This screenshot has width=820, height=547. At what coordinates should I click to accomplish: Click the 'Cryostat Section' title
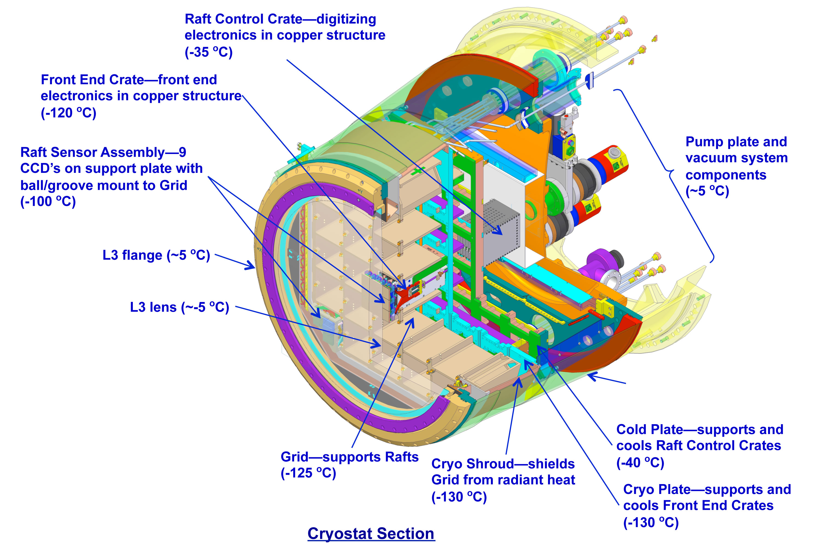point(371,534)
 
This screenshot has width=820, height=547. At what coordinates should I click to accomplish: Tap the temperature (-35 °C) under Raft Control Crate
point(209,52)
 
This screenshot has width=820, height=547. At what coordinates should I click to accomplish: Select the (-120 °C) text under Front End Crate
point(68,113)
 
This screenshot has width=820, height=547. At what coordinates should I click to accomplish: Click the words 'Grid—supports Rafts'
point(349,457)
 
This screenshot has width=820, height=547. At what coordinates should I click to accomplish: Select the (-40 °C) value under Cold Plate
point(640,463)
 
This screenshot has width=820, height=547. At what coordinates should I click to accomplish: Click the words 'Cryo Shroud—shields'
point(503,464)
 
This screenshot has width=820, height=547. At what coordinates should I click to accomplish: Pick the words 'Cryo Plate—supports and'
point(707,490)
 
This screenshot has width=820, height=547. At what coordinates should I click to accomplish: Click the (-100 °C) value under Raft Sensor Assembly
point(48,202)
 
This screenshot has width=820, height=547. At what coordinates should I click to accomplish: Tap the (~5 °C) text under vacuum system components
point(707,191)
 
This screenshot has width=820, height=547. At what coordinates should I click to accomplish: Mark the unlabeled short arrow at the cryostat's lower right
point(607,379)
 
